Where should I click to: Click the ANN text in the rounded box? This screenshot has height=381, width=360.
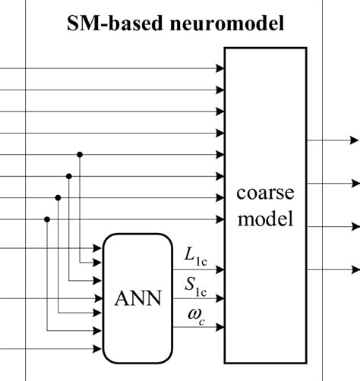(x=137, y=298)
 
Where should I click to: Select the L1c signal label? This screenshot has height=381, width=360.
(x=195, y=253)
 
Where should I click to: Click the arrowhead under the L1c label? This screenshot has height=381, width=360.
(x=219, y=267)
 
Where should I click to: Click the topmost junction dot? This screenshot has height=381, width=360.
(x=80, y=154)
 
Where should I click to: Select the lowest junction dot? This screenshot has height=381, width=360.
(x=47, y=220)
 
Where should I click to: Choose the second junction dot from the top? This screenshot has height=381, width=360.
(x=69, y=176)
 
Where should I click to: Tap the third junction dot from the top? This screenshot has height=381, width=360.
(x=58, y=198)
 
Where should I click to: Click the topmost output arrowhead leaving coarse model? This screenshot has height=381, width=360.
(x=354, y=140)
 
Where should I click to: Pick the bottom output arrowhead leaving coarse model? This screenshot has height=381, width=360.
(x=354, y=269)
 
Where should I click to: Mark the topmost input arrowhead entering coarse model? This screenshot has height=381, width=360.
(x=219, y=68)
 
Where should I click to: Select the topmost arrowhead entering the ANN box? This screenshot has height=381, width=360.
(x=99, y=248)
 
